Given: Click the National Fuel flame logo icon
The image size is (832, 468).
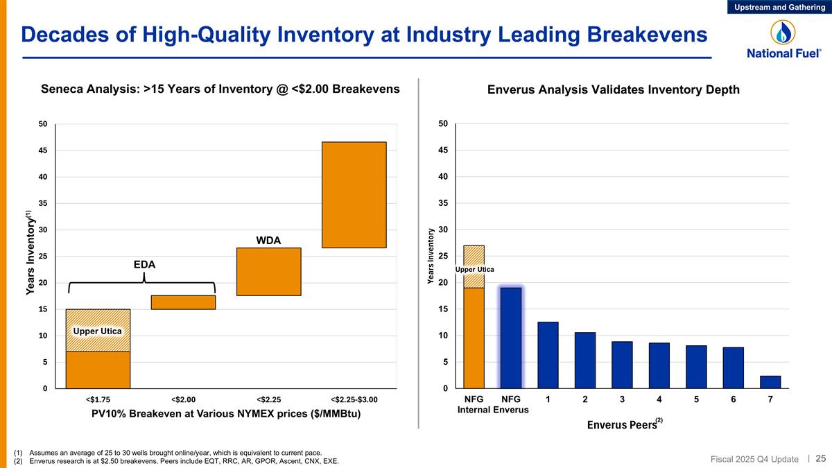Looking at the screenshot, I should (784, 32).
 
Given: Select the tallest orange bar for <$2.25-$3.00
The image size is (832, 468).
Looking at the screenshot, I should (354, 195).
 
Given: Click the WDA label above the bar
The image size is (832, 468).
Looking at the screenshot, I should (268, 240).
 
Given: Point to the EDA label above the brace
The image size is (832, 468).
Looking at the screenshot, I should (144, 264).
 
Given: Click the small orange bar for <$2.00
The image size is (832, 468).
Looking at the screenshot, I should (183, 302).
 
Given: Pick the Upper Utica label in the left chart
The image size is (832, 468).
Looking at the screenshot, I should (98, 331).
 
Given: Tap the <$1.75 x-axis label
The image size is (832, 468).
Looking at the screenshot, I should (98, 399).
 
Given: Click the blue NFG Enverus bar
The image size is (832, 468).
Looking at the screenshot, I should (511, 338).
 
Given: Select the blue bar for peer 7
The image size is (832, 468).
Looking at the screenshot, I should (770, 382).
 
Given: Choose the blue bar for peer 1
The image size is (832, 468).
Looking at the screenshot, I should (548, 355).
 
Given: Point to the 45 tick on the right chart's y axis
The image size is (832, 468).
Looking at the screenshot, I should (442, 150).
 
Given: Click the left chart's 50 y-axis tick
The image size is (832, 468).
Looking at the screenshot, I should (43, 124).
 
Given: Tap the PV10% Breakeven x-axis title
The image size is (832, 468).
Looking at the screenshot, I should (227, 414).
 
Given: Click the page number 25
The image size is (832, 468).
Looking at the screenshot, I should (820, 458).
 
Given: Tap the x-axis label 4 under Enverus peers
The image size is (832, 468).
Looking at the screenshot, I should (659, 399).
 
